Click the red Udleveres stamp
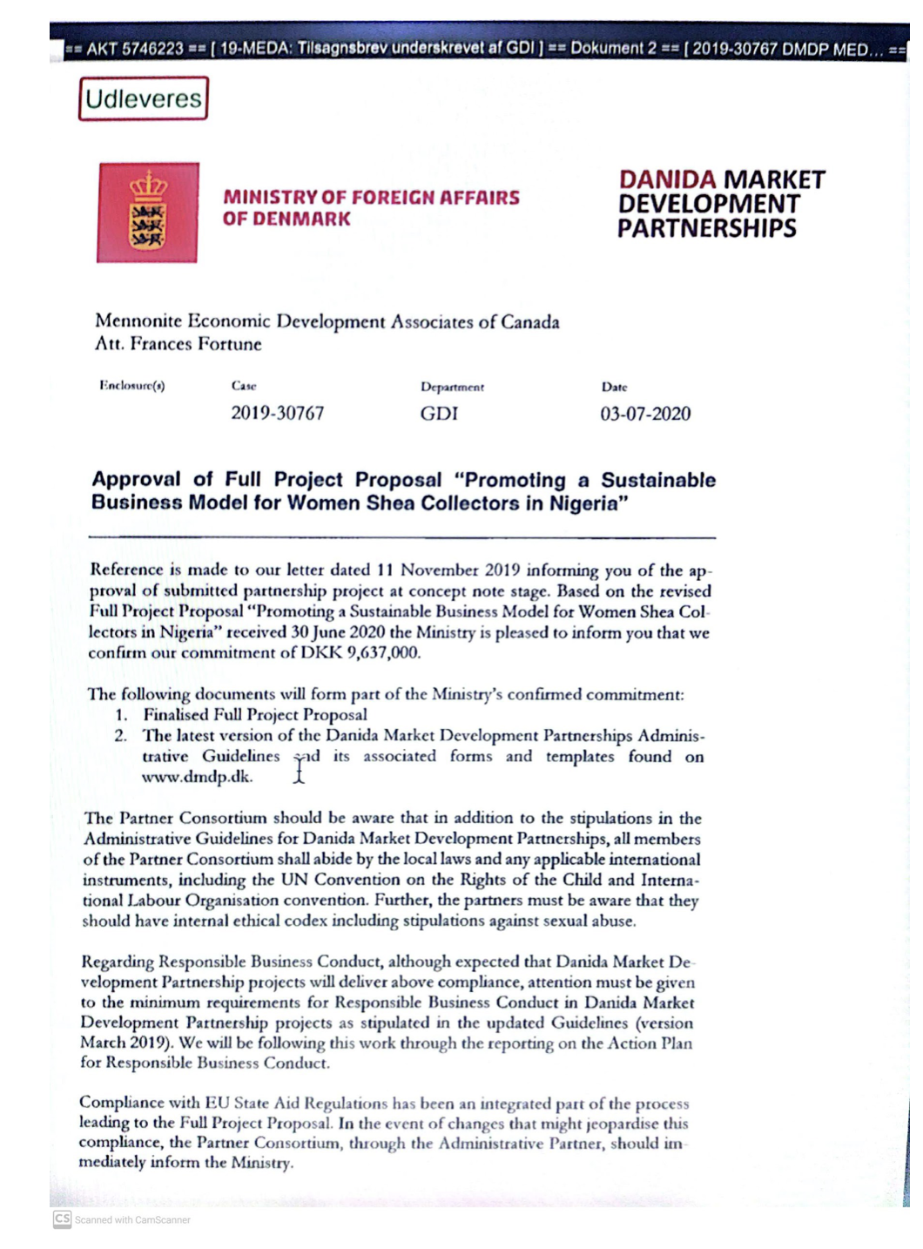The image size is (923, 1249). pyautogui.click(x=144, y=98)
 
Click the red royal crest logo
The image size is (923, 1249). pyautogui.click(x=148, y=213)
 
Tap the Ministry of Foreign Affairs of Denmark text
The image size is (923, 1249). pyautogui.click(x=370, y=208)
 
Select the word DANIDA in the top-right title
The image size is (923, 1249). pyautogui.click(x=667, y=180)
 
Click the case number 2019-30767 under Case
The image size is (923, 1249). pyautogui.click(x=277, y=413)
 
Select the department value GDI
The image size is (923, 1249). pyautogui.click(x=439, y=414)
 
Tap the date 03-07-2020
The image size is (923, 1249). pyautogui.click(x=645, y=414)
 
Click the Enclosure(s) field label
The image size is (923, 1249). pyautogui.click(x=132, y=385)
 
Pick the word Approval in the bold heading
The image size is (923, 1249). pyautogui.click(x=136, y=479)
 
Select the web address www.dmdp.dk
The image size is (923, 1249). pyautogui.click(x=197, y=777)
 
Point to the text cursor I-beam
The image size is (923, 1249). pyautogui.click(x=300, y=769)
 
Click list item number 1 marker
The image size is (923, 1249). pyautogui.click(x=122, y=715)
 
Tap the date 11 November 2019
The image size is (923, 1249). pyautogui.click(x=448, y=570)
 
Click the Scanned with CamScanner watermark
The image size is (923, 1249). pyautogui.click(x=122, y=1219)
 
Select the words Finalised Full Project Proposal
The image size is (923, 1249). pyautogui.click(x=255, y=715)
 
